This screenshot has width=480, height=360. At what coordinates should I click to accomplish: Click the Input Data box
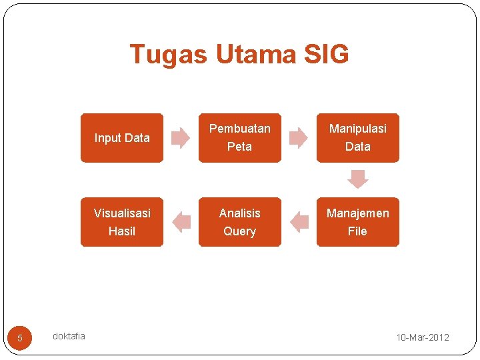click(x=122, y=138)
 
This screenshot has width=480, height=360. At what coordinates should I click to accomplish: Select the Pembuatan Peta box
click(x=240, y=138)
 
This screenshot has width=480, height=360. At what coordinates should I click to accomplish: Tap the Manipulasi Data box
click(x=358, y=138)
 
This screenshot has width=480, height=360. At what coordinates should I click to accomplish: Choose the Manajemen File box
click(x=358, y=222)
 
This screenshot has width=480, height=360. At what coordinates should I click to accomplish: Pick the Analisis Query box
click(x=240, y=222)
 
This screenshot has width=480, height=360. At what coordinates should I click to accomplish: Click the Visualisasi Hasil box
click(x=122, y=222)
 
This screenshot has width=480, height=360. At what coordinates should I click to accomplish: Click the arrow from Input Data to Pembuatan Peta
click(x=180, y=138)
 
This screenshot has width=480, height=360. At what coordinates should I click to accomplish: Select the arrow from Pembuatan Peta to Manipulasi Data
click(x=298, y=138)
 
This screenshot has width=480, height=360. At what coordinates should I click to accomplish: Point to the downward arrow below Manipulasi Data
click(x=358, y=179)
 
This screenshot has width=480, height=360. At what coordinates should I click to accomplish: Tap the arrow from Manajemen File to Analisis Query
click(x=299, y=222)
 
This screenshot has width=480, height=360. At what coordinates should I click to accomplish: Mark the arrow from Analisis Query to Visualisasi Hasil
click(x=181, y=222)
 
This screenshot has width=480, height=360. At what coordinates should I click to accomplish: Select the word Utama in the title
click(x=255, y=55)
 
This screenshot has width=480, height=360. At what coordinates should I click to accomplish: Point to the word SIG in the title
click(x=325, y=55)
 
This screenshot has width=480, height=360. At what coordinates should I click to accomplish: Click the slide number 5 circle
click(x=20, y=338)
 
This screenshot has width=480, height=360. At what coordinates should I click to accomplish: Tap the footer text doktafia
click(x=69, y=336)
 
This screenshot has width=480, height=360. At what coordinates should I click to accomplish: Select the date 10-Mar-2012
click(x=423, y=337)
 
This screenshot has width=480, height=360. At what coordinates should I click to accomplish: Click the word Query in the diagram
click(x=240, y=231)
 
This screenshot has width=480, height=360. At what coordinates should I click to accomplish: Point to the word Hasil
click(x=122, y=231)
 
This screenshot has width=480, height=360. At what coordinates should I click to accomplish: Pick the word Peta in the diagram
click(x=240, y=147)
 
